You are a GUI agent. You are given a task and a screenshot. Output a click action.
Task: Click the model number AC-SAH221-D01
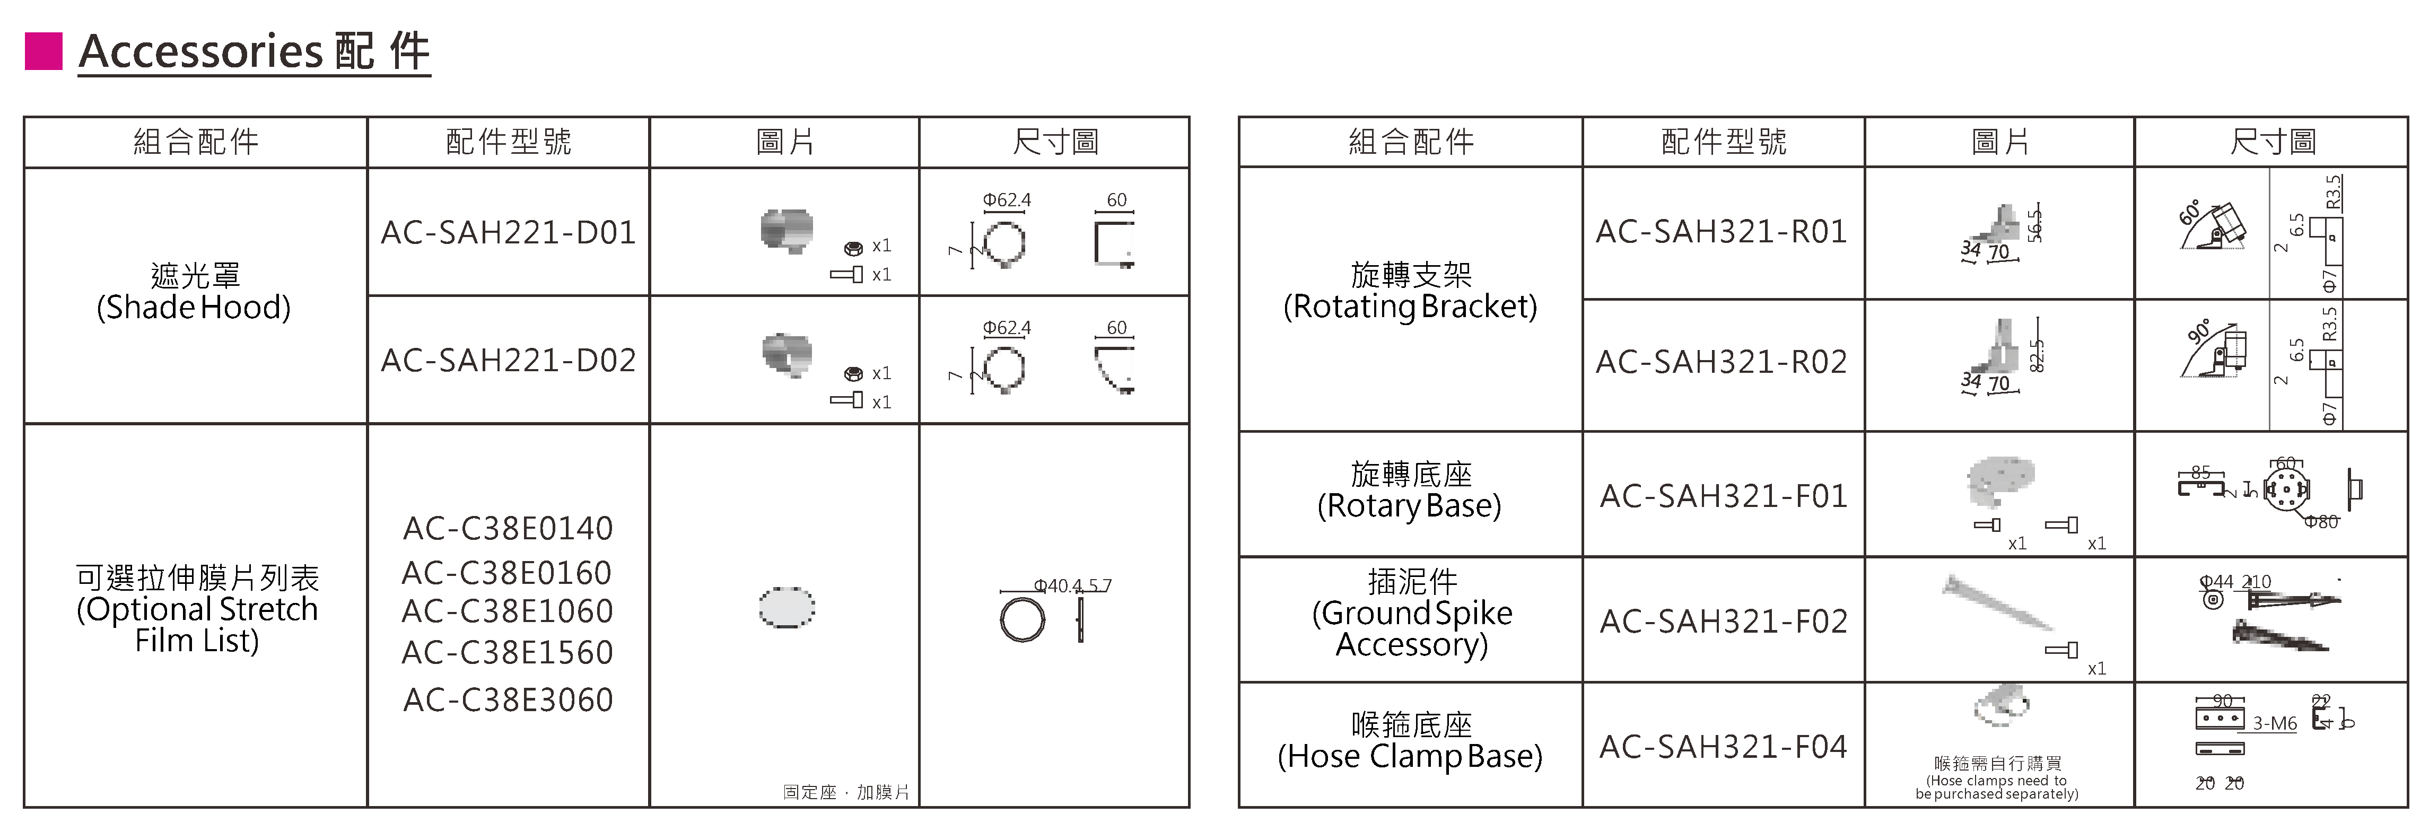pos(508,232)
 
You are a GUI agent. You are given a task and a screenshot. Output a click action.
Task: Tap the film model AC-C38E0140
pos(508,528)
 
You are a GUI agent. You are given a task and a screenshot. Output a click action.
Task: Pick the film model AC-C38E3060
pos(508,699)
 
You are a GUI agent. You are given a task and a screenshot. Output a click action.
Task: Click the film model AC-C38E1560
pos(508,652)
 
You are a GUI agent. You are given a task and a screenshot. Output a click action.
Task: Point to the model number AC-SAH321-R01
pos(1722,232)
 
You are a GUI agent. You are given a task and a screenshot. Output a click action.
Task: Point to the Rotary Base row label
pos(1410,490)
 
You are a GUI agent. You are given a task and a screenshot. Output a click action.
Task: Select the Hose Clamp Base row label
pos(1410,741)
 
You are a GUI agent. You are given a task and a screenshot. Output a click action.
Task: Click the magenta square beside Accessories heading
pos(43,51)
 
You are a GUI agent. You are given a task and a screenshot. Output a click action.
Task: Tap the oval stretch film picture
pos(788,607)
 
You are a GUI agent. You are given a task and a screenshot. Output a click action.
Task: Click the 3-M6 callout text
pos(2274,723)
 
